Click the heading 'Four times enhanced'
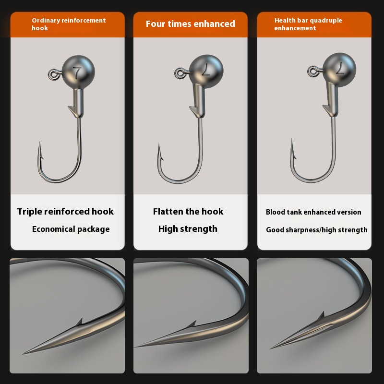coord(190,24)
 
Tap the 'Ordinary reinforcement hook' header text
coord(69,24)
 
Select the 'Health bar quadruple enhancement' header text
coord(308,24)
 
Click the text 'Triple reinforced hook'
coord(65,212)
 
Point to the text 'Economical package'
coord(71,229)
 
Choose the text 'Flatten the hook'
coord(188,211)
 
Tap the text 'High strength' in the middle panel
coord(188,229)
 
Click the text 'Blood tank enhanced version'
coord(313,212)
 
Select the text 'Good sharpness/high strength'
coord(317,230)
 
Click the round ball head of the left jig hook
coord(78,72)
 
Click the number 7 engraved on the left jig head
coord(77,72)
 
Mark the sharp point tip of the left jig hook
coord(40,142)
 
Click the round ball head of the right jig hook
coord(339,69)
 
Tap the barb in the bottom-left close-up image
coord(79,322)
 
